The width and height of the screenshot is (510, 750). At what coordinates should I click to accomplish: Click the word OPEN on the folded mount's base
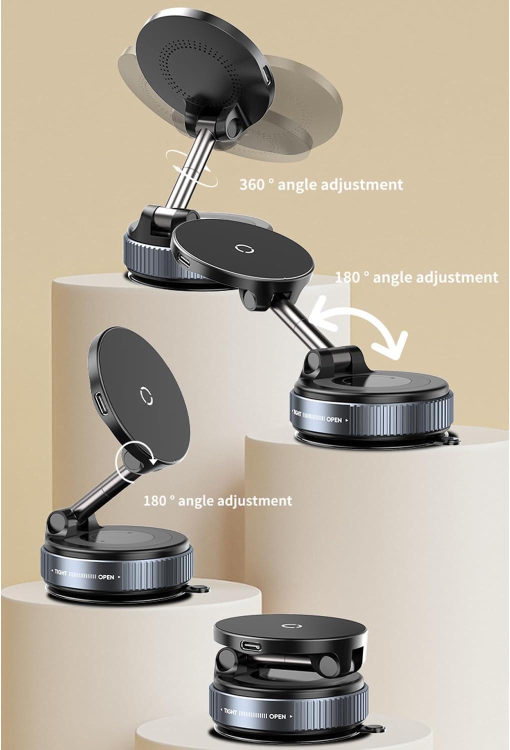point(277,716)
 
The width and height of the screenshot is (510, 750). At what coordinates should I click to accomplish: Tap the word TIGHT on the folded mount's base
point(230,712)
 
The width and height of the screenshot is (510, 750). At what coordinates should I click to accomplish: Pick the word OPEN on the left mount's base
point(106,576)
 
